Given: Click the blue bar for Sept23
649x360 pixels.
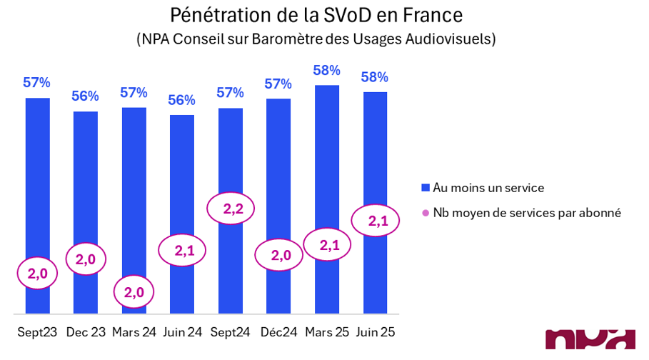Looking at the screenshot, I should pyautogui.click(x=38, y=179).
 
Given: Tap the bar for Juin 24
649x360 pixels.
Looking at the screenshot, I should pyautogui.click(x=181, y=179).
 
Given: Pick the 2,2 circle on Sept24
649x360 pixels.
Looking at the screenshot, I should pyautogui.click(x=231, y=209).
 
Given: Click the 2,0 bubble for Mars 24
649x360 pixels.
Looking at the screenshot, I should pyautogui.click(x=134, y=292).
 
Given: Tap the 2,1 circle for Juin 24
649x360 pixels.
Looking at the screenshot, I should pyautogui.click(x=181, y=250).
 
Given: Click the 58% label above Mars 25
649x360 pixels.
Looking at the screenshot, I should pyautogui.click(x=326, y=71).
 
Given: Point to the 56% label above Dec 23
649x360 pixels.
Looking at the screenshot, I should pyautogui.click(x=86, y=96).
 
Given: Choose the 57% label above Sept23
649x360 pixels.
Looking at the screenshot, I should pyautogui.click(x=37, y=82).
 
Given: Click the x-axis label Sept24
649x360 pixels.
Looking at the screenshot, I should pyautogui.click(x=230, y=333).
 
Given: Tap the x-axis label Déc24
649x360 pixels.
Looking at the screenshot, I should pyautogui.click(x=278, y=333).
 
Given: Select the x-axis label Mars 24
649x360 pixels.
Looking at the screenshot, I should pyautogui.click(x=134, y=333).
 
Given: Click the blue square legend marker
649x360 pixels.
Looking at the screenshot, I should pyautogui.click(x=426, y=188).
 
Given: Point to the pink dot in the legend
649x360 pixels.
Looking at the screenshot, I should pyautogui.click(x=426, y=213).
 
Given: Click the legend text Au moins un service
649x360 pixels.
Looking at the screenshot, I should pyautogui.click(x=488, y=188).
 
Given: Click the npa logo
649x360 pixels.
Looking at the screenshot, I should pyautogui.click(x=590, y=341).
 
